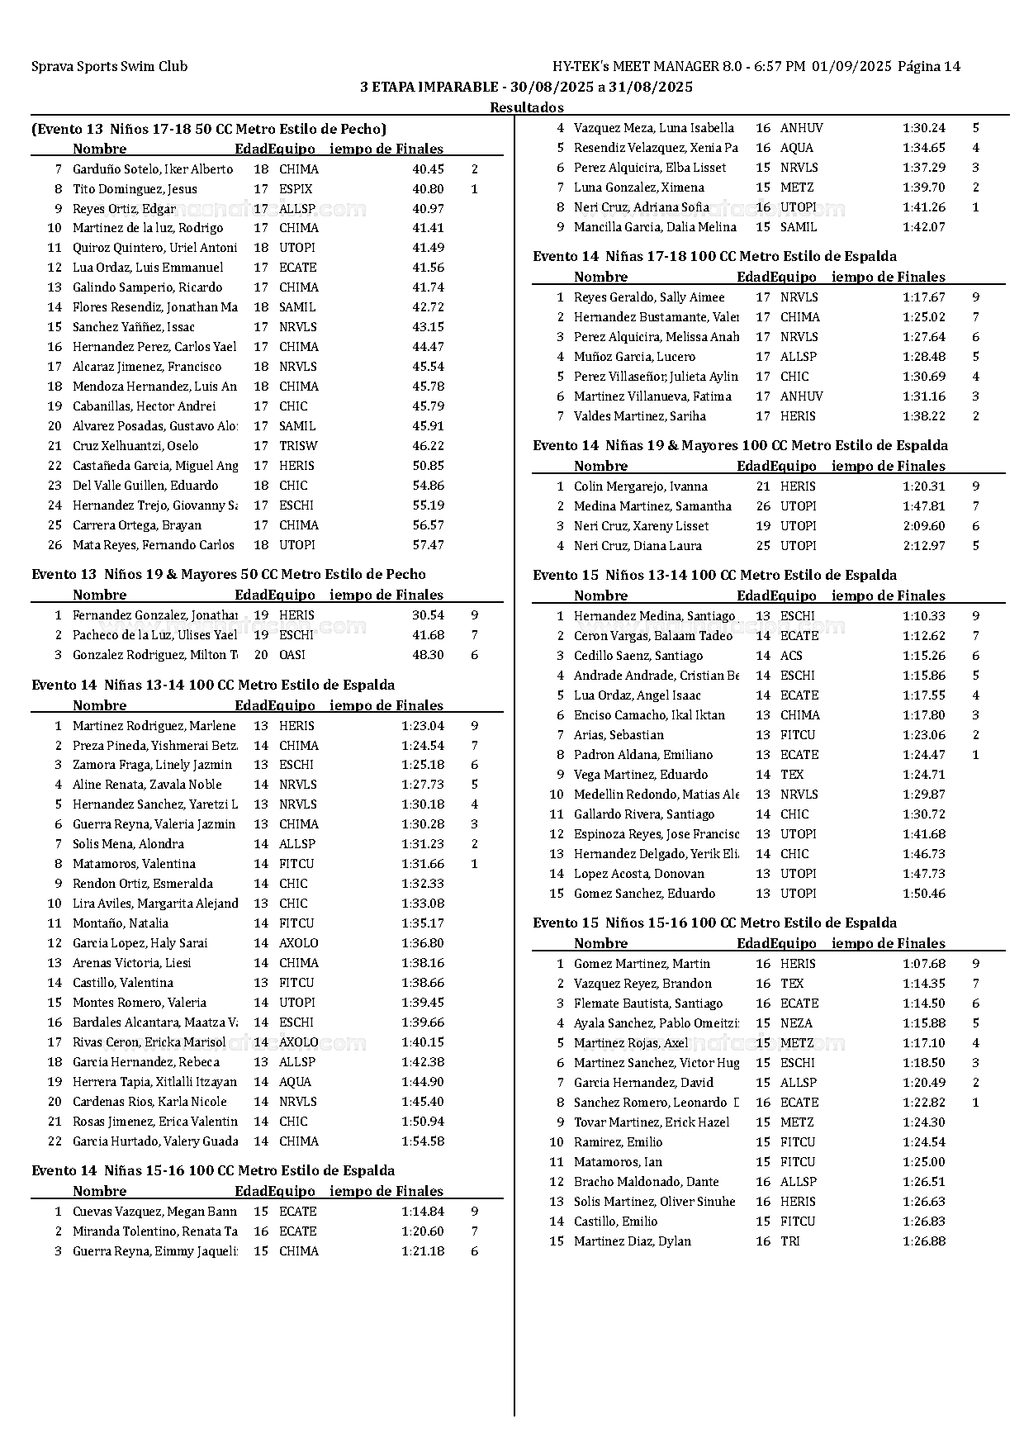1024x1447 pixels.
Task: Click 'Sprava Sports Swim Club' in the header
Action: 110,67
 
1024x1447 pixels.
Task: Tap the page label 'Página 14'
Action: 929,67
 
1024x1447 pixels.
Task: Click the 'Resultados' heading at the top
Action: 527,107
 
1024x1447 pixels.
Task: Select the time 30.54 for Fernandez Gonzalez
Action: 428,615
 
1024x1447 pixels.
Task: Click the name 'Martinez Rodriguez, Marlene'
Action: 154,726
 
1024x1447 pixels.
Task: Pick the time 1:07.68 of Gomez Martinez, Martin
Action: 923,964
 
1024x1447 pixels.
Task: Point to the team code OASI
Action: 292,655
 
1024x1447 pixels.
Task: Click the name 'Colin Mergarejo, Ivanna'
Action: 641,486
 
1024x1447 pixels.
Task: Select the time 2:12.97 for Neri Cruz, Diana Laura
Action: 923,546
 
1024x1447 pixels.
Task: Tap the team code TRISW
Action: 298,446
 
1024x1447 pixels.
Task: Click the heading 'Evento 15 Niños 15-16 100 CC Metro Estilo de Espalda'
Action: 714,923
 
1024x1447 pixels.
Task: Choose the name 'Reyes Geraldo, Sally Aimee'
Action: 649,297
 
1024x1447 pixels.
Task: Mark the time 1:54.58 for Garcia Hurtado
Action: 423,1141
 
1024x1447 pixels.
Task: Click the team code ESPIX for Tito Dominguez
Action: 296,189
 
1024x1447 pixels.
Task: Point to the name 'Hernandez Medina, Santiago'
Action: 654,616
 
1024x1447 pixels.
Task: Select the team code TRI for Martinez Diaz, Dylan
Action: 790,1241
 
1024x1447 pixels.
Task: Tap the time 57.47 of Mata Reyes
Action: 428,545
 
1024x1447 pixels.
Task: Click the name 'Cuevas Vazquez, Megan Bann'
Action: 154,1212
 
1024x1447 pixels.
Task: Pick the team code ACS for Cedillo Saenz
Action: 791,656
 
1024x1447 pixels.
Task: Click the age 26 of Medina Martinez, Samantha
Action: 763,506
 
